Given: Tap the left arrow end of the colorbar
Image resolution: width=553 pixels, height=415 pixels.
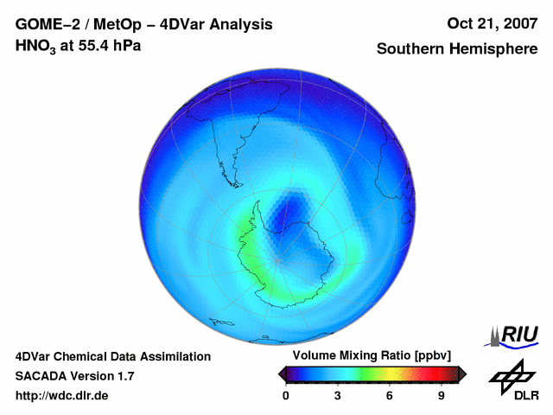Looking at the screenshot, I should pos(282,373).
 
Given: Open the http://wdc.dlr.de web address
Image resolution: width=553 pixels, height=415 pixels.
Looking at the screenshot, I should pos(62,396).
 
